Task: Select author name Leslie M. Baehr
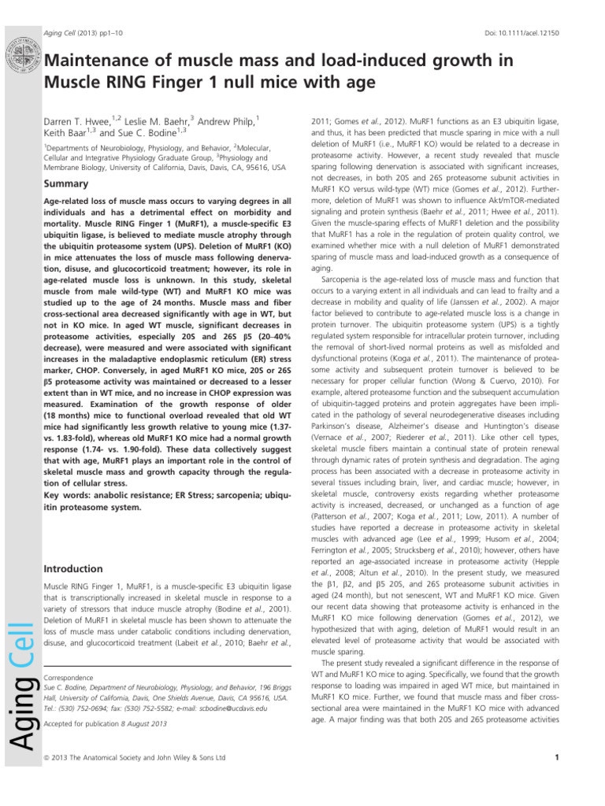[156, 122]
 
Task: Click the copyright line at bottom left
[135, 758]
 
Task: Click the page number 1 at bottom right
[556, 758]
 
